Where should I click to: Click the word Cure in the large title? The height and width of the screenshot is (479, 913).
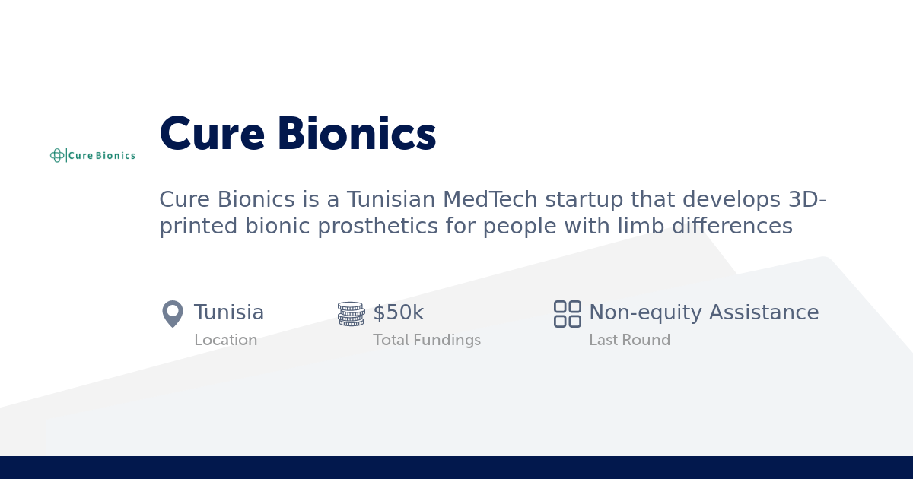pos(212,135)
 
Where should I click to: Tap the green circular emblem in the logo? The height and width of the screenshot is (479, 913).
pos(57,155)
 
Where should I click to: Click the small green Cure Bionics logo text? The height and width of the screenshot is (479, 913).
pos(102,156)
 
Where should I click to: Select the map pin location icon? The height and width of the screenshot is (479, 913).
pos(173,313)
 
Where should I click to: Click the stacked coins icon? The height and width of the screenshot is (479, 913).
pos(351,314)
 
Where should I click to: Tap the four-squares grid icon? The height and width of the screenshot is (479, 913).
pos(568,314)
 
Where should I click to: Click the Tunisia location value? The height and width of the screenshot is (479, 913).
pos(229,312)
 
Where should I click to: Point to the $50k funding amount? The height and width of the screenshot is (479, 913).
pos(398,312)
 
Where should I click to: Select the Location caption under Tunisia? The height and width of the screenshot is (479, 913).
pos(225,340)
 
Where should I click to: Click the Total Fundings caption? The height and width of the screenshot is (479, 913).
pos(427,340)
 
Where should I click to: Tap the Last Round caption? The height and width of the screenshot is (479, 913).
pos(629,340)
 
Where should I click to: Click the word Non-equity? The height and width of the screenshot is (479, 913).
pos(645,312)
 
